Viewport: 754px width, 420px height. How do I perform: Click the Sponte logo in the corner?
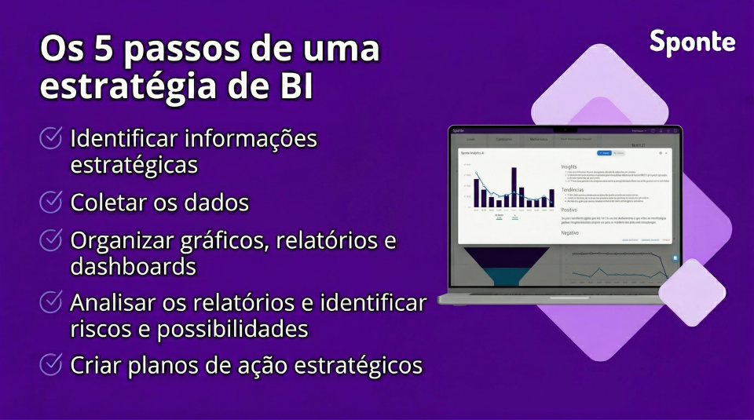coord(692,42)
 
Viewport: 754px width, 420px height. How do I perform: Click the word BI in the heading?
coord(295,86)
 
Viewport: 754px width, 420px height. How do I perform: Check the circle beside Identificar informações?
coord(51,139)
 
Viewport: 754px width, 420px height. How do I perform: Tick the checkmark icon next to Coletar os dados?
coord(51,202)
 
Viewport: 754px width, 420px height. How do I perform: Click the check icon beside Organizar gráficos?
coord(51,239)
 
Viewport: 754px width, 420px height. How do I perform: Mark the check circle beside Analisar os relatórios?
coord(51,301)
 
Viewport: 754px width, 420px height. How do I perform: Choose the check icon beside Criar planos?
coord(51,364)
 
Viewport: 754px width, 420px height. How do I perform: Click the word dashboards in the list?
coord(133,267)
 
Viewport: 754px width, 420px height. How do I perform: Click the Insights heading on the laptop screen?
coord(569,166)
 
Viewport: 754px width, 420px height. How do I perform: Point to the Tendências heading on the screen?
coord(573,190)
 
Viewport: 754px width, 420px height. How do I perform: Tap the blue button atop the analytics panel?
coord(604,153)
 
